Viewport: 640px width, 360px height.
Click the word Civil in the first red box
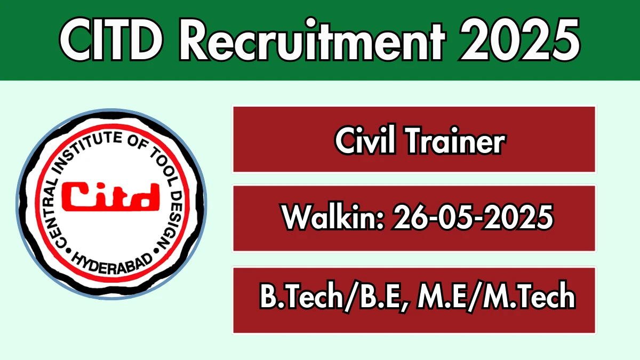pyautogui.click(x=365, y=140)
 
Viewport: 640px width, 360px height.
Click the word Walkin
pyautogui.click(x=333, y=217)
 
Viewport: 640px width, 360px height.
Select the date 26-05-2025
pyautogui.click(x=473, y=217)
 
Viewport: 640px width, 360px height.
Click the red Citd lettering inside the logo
pyautogui.click(x=111, y=197)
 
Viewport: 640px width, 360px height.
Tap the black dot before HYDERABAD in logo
pyautogui.click(x=68, y=251)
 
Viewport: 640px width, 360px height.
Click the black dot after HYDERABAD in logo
pyautogui.click(x=156, y=251)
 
